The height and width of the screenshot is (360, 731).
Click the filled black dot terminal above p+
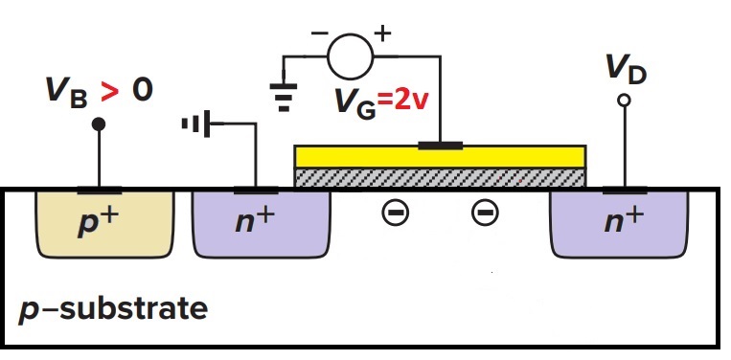(x=99, y=124)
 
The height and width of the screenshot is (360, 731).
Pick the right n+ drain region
(x=620, y=222)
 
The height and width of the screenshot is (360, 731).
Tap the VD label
(x=626, y=70)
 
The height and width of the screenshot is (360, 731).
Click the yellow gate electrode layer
(x=439, y=157)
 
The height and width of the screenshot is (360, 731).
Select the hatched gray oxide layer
(x=439, y=178)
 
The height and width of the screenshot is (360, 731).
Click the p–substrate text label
(x=113, y=311)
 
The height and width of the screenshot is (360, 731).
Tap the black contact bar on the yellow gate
(x=440, y=146)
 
